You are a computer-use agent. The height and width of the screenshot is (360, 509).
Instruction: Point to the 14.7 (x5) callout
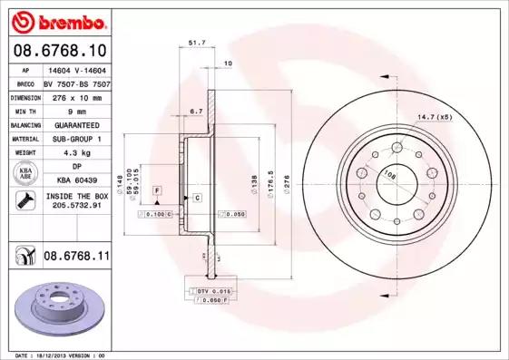(433, 117)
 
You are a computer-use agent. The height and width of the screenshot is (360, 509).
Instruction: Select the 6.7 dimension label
(194, 112)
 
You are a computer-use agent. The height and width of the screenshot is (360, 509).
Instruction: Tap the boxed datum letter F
(157, 189)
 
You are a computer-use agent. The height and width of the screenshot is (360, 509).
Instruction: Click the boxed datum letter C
(196, 197)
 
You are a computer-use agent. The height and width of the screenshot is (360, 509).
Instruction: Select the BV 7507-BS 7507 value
(76, 82)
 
